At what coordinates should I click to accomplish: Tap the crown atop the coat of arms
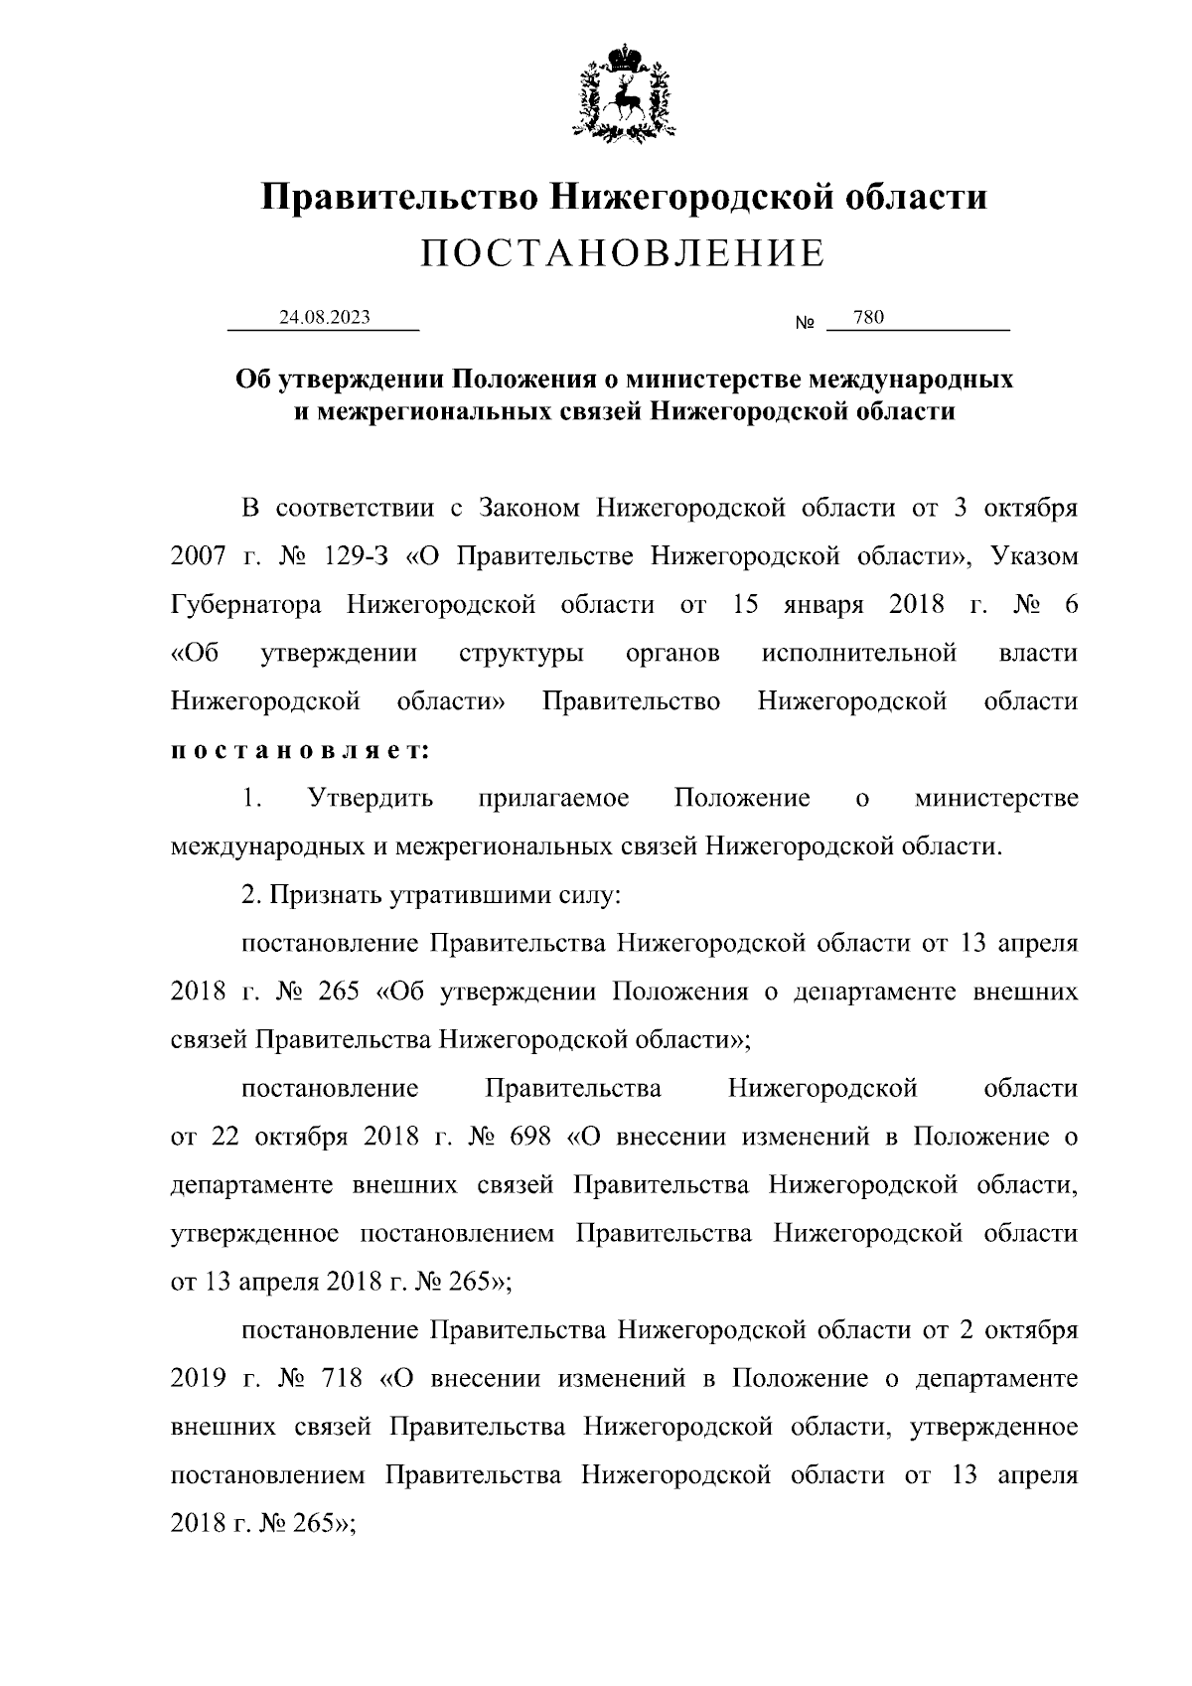[x=624, y=54]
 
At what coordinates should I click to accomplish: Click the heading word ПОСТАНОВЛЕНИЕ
[x=623, y=254]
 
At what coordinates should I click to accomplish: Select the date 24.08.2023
[x=324, y=318]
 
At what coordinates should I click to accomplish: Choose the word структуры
[x=521, y=654]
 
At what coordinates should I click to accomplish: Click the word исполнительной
[x=860, y=654]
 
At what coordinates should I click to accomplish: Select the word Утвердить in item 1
[x=371, y=799]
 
